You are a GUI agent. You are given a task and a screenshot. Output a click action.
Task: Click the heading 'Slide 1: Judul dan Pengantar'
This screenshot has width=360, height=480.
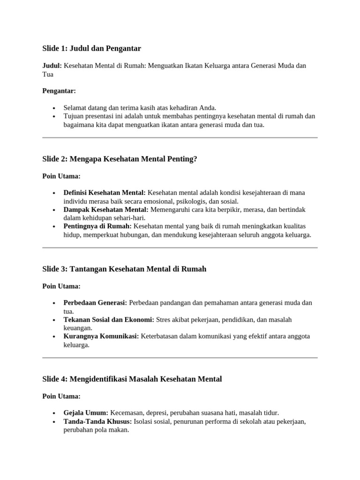click(91, 48)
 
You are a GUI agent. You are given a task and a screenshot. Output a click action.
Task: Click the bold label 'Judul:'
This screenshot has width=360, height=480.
click(52, 66)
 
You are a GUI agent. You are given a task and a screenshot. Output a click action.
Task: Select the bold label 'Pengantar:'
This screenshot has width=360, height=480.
click(59, 91)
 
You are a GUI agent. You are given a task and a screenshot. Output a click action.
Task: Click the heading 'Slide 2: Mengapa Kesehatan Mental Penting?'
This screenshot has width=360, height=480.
click(120, 159)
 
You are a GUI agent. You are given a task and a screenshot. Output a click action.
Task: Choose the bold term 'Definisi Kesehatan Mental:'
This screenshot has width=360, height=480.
click(105, 193)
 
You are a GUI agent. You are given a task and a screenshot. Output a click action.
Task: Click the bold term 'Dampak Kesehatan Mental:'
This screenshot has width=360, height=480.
click(106, 210)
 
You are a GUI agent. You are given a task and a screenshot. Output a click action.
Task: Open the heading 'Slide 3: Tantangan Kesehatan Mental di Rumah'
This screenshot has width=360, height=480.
click(124, 269)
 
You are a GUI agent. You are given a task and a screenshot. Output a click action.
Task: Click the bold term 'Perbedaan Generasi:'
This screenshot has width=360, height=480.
click(95, 303)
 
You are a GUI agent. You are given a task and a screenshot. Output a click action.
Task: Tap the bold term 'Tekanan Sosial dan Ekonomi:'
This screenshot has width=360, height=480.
click(109, 320)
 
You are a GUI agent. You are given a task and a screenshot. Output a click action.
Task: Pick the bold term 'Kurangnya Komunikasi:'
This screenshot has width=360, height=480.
click(101, 337)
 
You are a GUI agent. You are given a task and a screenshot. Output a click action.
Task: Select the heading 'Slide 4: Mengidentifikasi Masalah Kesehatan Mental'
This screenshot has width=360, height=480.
click(132, 379)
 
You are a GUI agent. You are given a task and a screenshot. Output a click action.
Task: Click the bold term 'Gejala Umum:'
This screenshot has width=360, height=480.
click(86, 413)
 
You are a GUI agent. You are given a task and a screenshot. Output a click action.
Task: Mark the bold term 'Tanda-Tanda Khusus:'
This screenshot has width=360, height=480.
click(97, 421)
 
